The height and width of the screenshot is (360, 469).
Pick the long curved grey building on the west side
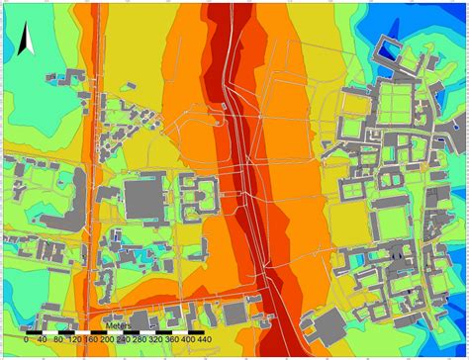(60, 212)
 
